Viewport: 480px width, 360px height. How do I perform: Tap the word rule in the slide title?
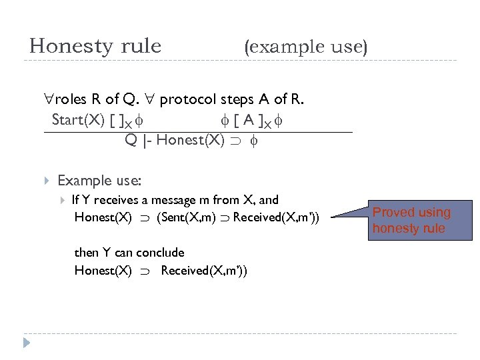[x=138, y=46]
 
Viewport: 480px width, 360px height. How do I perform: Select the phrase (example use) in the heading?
[x=306, y=47]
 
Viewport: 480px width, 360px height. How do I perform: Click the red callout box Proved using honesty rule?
[x=411, y=221]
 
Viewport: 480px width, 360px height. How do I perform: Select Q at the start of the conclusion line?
[x=131, y=141]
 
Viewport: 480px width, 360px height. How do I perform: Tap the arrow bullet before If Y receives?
[x=63, y=199]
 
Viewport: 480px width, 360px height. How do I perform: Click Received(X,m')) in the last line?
[x=204, y=271]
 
